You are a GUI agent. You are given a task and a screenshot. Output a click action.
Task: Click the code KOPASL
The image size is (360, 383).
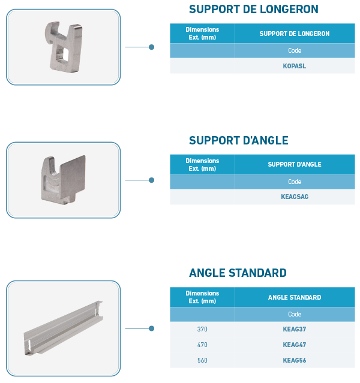295,66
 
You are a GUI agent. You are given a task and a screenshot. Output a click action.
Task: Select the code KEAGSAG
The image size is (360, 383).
295,197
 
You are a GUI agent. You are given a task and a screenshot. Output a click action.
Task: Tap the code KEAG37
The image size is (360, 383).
295,329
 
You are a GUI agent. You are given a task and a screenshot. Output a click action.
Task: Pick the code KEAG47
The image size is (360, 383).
295,345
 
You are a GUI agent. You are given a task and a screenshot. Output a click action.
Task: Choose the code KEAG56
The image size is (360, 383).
295,360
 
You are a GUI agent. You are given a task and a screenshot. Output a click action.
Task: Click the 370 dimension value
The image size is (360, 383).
202,329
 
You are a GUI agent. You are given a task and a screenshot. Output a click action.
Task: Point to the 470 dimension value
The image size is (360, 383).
202,345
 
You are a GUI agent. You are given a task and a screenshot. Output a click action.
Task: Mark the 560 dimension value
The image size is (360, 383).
202,360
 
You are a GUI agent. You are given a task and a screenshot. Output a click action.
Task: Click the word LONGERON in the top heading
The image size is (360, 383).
289,9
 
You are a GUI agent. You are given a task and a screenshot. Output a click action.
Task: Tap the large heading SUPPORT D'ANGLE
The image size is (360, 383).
239,140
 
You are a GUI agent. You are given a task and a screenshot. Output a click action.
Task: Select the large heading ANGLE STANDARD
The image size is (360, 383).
238,273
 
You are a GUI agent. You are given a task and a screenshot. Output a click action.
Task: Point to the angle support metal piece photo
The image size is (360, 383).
64,180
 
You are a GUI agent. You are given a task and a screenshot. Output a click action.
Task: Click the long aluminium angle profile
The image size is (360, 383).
64,328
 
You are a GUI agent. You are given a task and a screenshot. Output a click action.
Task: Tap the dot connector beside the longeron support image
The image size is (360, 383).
151,47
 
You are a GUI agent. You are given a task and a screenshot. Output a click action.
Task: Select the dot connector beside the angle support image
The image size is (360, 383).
151,180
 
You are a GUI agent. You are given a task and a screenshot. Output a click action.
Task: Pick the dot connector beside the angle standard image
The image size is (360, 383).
151,328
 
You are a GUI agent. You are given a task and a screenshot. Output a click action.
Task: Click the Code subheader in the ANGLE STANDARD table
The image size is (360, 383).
295,314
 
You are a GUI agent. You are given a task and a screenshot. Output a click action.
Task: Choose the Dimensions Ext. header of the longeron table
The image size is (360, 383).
202,34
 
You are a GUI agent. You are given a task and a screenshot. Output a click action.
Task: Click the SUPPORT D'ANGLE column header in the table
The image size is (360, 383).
295,164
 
